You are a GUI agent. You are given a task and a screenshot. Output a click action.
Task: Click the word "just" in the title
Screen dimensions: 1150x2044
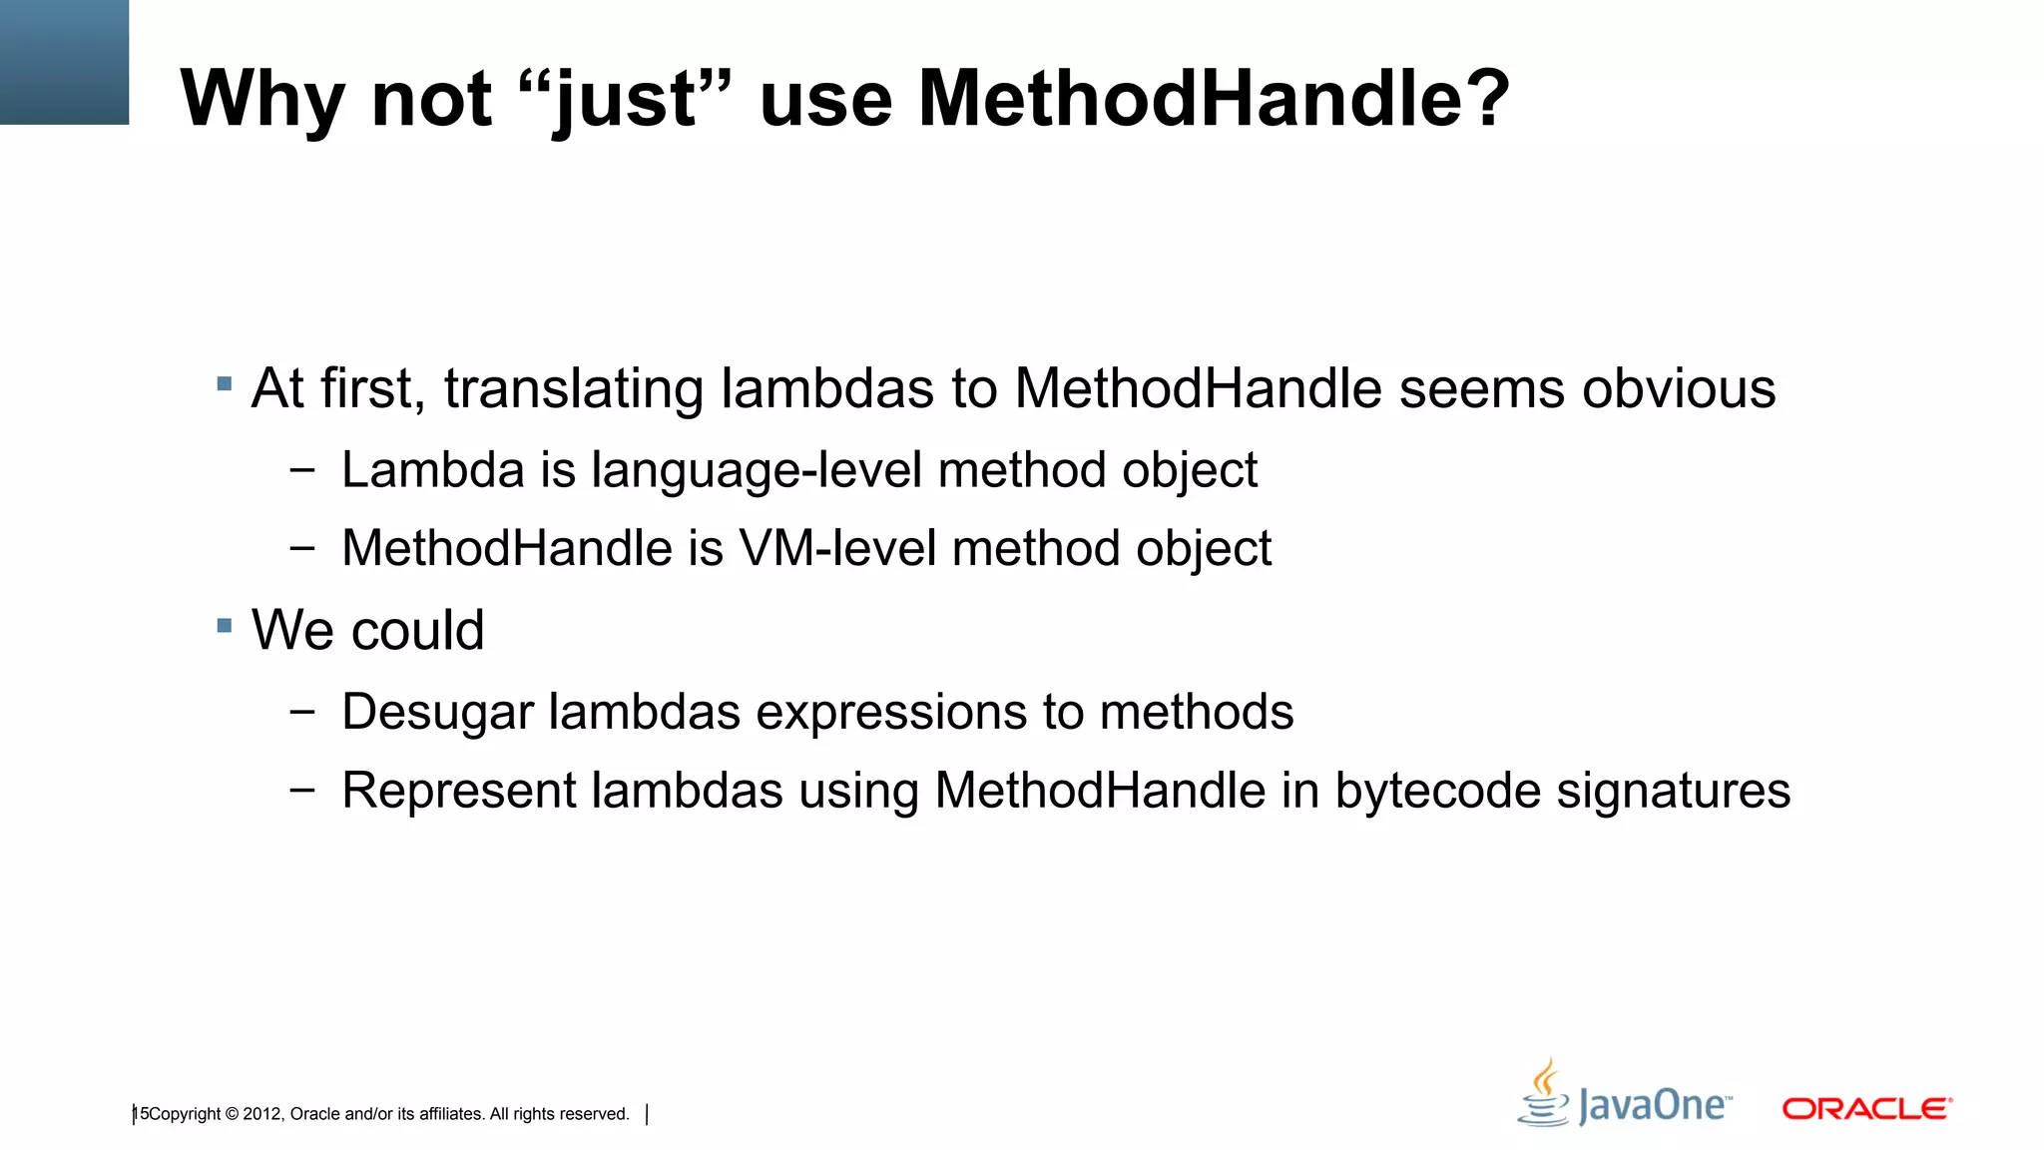pos(625,100)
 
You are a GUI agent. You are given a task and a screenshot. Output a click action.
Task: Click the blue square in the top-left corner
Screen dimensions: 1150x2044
pos(64,62)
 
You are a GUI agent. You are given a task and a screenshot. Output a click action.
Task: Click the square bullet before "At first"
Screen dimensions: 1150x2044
pos(225,383)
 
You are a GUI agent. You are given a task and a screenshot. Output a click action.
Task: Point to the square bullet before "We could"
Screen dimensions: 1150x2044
pos(225,626)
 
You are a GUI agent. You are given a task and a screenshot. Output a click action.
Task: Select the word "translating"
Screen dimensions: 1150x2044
pos(573,389)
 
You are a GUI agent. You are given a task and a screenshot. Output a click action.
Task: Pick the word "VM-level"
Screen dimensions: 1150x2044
pos(836,548)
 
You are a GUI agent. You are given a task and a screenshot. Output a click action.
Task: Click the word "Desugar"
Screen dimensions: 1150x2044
pos(437,713)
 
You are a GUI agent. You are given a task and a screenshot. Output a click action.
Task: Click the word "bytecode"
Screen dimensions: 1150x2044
pos(1437,792)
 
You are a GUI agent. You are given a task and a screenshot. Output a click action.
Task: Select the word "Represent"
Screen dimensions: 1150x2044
pos(458,792)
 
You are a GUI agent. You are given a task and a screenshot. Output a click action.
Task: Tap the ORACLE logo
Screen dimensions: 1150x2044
pos(1866,1108)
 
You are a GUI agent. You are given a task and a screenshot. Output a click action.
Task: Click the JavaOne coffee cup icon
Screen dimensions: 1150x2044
pos(1545,1094)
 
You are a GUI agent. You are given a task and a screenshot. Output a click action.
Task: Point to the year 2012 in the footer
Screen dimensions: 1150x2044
pos(262,1114)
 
